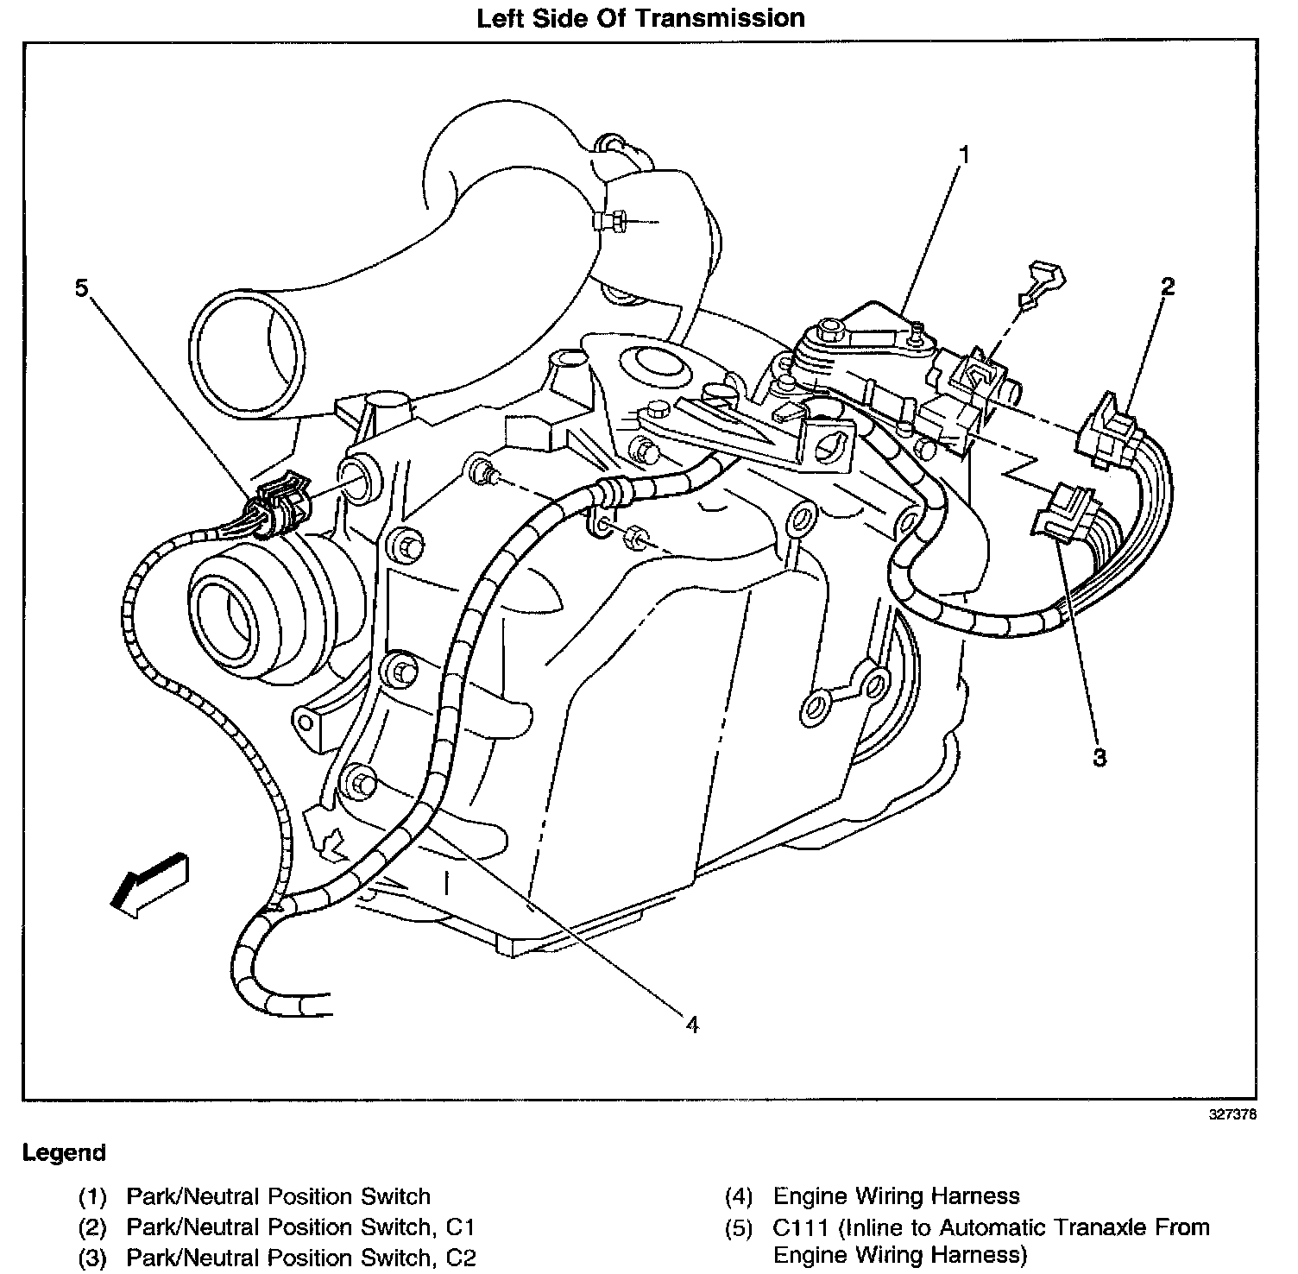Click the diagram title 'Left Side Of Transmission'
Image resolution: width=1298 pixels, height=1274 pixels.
point(641,18)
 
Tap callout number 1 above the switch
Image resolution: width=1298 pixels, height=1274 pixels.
point(964,155)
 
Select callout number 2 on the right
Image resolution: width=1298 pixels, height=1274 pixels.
point(1167,287)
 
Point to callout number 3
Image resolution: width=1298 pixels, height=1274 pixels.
point(1100,757)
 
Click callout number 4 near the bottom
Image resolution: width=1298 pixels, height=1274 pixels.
point(690,1024)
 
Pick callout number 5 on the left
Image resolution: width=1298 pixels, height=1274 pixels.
point(81,288)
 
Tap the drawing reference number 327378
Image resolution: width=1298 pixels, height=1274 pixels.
point(1232,1114)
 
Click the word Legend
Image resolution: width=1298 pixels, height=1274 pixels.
point(65,1152)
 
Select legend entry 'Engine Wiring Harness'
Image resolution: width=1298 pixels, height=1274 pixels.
point(896,1196)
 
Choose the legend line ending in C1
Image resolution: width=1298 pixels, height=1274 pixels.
point(300,1227)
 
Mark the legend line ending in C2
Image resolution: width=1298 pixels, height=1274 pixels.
point(300,1257)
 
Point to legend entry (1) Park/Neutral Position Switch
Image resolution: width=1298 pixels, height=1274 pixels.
point(278,1196)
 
